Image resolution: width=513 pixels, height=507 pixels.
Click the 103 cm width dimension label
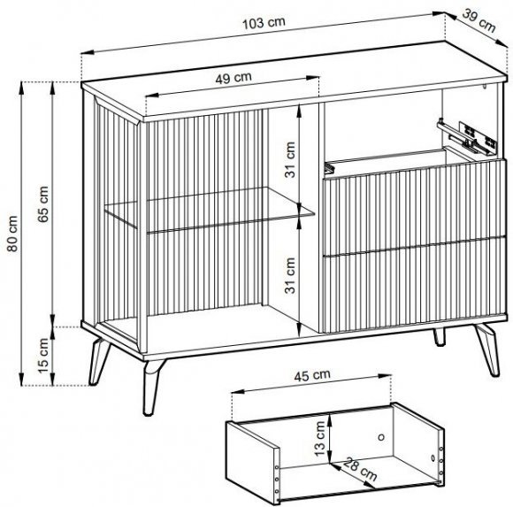pos(264,23)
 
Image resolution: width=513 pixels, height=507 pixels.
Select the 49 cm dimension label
pos(234,78)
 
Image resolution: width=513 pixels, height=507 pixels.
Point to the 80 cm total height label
pos(12,234)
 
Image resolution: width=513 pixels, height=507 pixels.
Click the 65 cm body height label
pos(42,204)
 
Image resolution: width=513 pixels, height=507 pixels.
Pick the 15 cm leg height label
pos(42,356)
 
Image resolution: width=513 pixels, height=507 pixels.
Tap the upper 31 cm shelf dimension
pos(290,160)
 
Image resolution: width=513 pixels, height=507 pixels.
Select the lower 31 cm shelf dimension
pos(290,275)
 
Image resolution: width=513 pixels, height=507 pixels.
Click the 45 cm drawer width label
pos(312,375)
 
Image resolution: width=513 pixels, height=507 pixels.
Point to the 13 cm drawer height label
pos(319,439)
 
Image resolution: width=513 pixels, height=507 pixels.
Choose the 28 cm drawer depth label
pos(360,469)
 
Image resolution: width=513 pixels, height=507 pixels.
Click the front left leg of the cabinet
pos(151,388)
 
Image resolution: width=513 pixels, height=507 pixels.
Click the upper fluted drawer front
pos(415,207)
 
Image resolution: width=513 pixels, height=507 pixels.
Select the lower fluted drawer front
pos(415,284)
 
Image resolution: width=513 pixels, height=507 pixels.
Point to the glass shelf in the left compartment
pos(210,210)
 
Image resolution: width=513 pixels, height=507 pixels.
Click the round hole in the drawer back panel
pos(381,437)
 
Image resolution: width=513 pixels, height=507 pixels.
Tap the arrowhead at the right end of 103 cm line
pos(439,14)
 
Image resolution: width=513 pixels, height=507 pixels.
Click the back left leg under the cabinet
pos(97,361)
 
